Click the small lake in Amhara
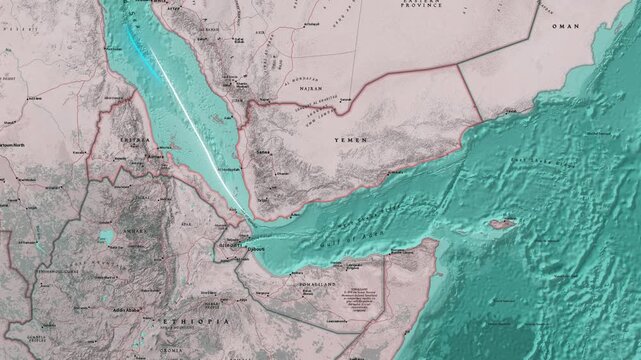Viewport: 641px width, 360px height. point(106,237)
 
